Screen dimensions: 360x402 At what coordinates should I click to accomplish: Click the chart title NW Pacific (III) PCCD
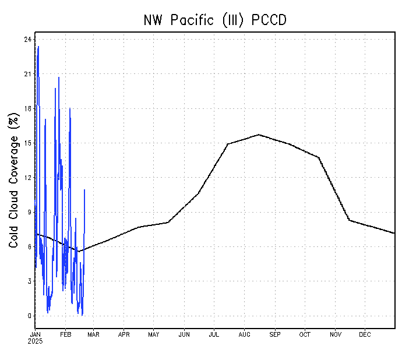(215, 20)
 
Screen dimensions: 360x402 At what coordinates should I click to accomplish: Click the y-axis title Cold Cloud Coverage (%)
(13, 181)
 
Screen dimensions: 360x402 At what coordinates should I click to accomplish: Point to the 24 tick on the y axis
(27, 40)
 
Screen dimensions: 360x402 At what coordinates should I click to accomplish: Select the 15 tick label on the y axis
(27, 143)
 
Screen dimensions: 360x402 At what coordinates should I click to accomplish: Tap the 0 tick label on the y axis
(29, 316)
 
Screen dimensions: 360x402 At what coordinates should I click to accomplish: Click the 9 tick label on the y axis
(29, 212)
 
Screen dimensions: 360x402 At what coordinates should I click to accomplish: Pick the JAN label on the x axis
(36, 334)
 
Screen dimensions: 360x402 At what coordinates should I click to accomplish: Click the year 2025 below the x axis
(36, 341)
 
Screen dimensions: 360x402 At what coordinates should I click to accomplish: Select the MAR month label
(94, 334)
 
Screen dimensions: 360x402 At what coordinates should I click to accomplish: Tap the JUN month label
(184, 334)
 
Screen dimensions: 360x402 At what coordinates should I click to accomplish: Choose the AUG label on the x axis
(244, 334)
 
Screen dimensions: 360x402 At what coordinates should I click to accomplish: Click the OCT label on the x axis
(305, 334)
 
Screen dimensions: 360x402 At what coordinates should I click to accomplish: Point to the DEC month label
(365, 334)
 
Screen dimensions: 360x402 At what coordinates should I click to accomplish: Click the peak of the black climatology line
(259, 135)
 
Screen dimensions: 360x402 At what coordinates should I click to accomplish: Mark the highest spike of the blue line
(38, 47)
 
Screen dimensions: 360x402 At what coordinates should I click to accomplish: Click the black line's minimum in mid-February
(79, 252)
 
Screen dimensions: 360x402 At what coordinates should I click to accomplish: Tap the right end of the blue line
(84, 190)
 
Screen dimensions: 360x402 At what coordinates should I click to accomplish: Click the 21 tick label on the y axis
(27, 74)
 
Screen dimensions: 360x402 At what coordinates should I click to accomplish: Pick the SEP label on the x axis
(274, 334)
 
